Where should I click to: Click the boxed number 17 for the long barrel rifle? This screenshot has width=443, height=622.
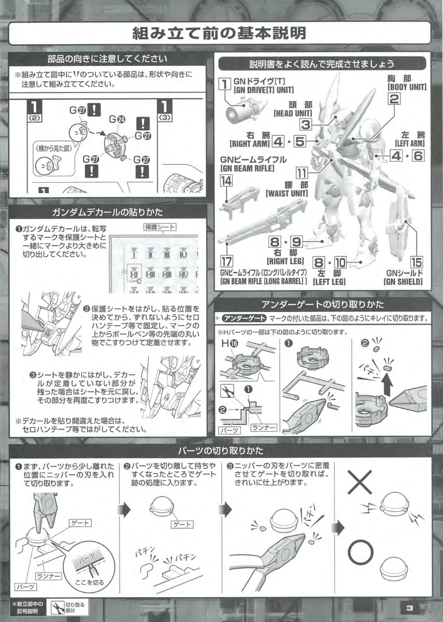tap(226, 261)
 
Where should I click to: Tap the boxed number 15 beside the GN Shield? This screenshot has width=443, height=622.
tap(416, 262)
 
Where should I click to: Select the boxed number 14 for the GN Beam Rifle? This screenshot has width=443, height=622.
tap(226, 181)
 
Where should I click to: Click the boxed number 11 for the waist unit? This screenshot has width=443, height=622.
tap(302, 173)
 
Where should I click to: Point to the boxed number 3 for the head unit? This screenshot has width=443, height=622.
tap(306, 125)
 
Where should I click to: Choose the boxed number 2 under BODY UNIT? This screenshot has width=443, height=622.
tap(394, 99)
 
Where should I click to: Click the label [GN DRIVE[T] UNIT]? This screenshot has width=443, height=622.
tap(263, 90)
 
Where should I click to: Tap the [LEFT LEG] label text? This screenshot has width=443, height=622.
tap(329, 282)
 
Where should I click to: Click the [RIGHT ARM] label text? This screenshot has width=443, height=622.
tap(249, 143)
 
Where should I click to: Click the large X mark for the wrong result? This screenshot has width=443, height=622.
tap(360, 482)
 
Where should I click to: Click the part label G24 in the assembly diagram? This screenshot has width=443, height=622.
tap(117, 119)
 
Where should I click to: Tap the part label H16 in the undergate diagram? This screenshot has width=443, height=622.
tap(230, 344)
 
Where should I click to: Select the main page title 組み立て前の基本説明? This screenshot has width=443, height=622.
tap(219, 33)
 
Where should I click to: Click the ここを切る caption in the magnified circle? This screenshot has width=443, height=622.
tap(90, 582)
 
